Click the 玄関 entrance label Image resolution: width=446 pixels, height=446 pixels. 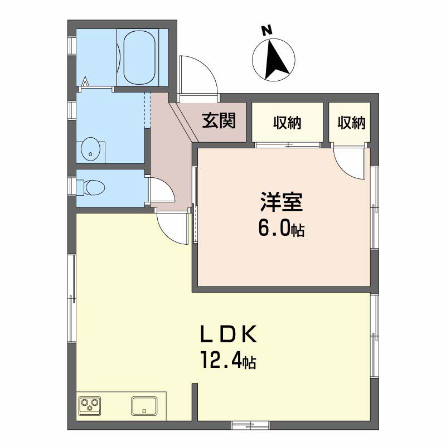click(x=219, y=121)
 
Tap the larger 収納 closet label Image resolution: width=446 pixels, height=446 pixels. click(x=287, y=123)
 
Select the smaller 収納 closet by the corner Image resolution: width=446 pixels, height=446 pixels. click(x=351, y=123)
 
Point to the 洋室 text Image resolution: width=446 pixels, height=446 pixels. click(x=282, y=202)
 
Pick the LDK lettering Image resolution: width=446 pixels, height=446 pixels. click(x=229, y=334)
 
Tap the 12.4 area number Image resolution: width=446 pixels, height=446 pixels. click(x=221, y=360)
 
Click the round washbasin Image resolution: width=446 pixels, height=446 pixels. click(x=90, y=149)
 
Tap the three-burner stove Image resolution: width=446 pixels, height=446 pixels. click(x=90, y=406)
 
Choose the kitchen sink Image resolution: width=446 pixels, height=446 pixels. click(x=144, y=406)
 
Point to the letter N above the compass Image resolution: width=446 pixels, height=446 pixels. click(x=266, y=31)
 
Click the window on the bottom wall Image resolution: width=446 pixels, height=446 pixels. click(x=251, y=425)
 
